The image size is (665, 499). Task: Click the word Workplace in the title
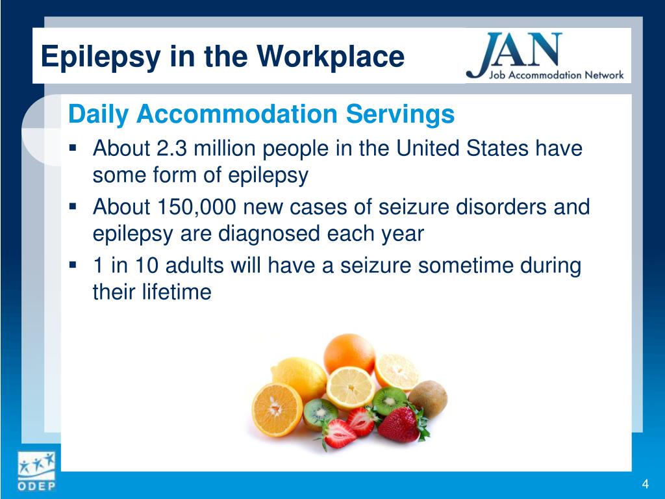coord(331,57)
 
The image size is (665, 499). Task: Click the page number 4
coord(645,484)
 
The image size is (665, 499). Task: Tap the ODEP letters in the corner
coord(37,485)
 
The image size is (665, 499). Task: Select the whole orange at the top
coord(349,353)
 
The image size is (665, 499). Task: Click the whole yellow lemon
coord(299,376)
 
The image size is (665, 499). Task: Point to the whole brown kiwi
coord(427,398)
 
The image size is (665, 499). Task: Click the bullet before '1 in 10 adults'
coord(73,266)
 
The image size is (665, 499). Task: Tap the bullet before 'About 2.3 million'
coord(73,149)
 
